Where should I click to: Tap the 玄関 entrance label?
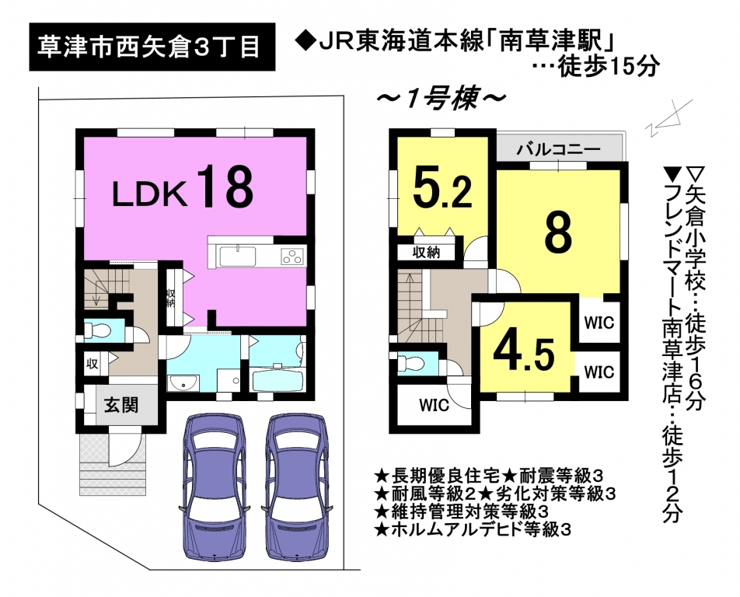pyautogui.click(x=120, y=406)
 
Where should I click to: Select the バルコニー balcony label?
pyautogui.click(x=558, y=149)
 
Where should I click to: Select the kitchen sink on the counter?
pyautogui.click(x=237, y=257)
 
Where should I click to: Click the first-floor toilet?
pyautogui.click(x=96, y=330)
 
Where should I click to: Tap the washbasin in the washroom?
pyautogui.click(x=183, y=384)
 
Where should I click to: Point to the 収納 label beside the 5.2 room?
pyautogui.click(x=426, y=253)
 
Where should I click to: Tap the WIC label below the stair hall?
pyautogui.click(x=434, y=406)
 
